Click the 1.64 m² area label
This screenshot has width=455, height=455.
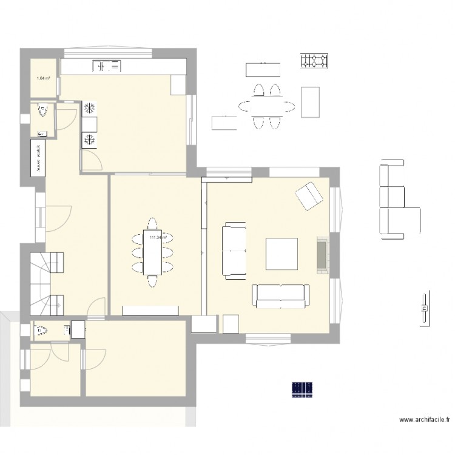click(43, 78)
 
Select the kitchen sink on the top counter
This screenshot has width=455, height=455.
click(107, 65)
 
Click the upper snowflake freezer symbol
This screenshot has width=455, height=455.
click(89, 109)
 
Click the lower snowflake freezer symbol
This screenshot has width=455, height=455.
click(89, 140)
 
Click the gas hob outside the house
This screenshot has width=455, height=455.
click(314, 60)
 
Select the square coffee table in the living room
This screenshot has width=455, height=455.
click(281, 254)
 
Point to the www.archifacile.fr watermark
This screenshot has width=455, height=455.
click(424, 419)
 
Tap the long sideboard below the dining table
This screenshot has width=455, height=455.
click(150, 311)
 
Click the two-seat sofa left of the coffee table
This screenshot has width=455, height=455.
click(234, 250)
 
